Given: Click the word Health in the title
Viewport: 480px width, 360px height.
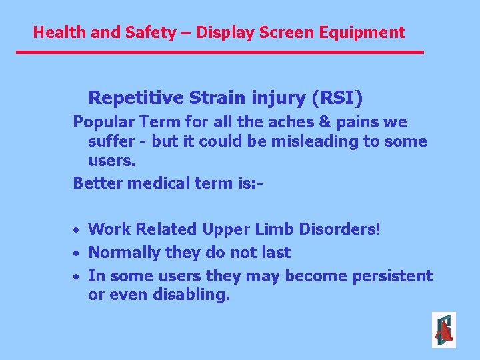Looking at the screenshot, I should point(55,32).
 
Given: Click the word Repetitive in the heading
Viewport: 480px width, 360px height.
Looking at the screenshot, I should point(136,99).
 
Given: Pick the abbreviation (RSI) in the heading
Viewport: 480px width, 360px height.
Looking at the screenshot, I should point(337,99).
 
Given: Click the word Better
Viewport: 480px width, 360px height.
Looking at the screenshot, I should point(96,183).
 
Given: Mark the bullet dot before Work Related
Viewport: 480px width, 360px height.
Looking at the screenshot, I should point(77,230).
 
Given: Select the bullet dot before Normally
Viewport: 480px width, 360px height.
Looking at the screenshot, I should point(77,253).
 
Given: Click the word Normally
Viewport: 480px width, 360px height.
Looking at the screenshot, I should point(122,253).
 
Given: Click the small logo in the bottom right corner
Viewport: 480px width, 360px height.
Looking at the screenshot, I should point(443,329).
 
